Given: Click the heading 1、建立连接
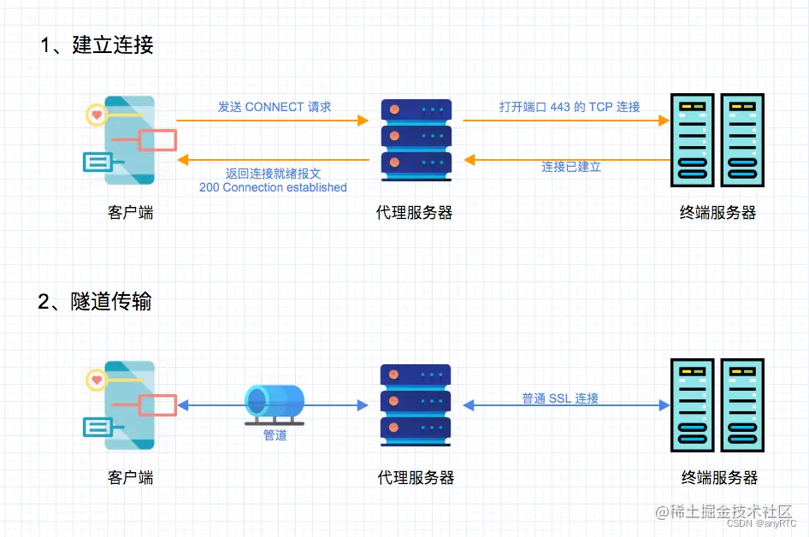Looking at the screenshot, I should coord(97,45).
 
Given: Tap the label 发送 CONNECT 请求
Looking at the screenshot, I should coord(274,107).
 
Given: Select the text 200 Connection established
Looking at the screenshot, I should coord(273,187).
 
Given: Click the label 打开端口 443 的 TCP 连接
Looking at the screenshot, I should coord(570,107).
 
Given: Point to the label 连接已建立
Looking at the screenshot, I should coord(571,167).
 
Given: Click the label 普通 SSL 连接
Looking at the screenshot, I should coord(560,398).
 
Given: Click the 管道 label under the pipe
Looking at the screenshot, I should coord(275,435).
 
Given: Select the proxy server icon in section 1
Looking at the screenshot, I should coord(416,139).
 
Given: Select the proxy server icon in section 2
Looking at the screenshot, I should coord(416,404).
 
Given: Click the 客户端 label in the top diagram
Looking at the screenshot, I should coord(131,213).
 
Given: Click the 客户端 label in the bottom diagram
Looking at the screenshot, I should coord(131,477).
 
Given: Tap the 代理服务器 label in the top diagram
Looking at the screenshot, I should coord(415,213).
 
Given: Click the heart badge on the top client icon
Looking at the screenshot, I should coord(97,114).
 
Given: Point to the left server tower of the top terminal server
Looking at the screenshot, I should coord(694,139).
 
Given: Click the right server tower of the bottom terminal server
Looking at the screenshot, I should coord(742,404).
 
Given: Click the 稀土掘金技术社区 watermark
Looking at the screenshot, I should coord(724,511).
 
